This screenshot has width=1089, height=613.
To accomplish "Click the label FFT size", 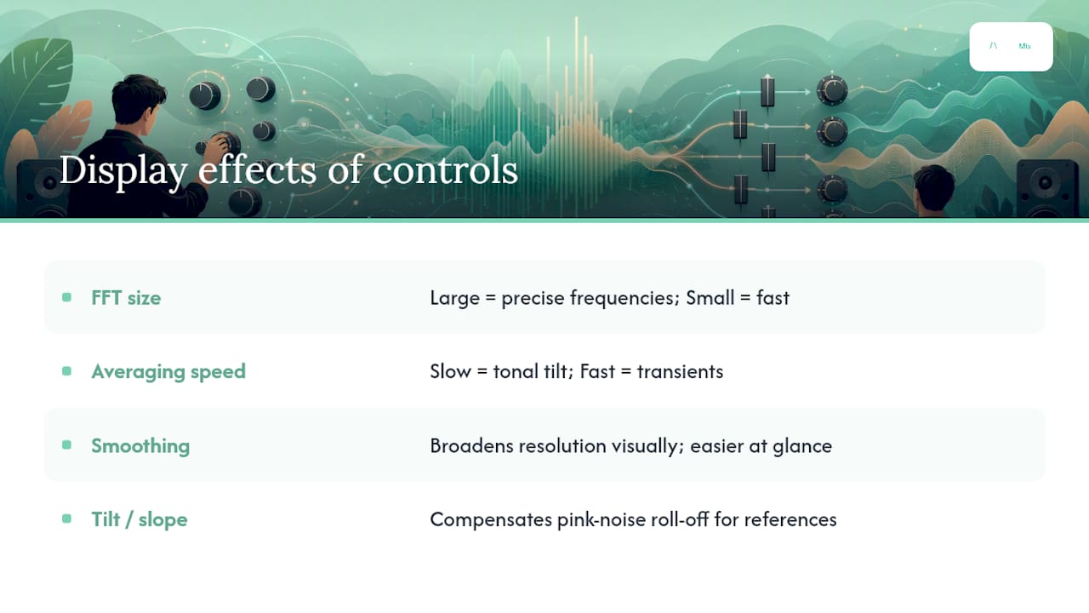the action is [x=126, y=298].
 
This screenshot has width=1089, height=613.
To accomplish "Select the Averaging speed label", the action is [x=168, y=372].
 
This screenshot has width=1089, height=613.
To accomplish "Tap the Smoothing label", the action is [x=140, y=445].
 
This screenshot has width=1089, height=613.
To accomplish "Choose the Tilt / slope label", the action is [x=140, y=519].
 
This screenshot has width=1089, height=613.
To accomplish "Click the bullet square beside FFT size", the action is [x=66, y=297].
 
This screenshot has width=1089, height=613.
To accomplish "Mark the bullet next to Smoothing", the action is [x=66, y=444].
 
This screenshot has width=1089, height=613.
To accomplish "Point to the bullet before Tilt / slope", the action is [x=66, y=518].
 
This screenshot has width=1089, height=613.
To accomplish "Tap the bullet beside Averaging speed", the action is [x=66, y=371].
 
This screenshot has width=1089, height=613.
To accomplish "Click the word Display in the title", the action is [x=123, y=171].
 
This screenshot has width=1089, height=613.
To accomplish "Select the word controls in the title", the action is [x=445, y=170].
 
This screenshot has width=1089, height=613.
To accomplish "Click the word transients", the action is [x=680, y=372].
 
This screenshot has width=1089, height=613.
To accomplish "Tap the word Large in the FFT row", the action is [x=454, y=299].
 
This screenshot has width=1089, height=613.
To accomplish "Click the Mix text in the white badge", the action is [x=1024, y=46].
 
